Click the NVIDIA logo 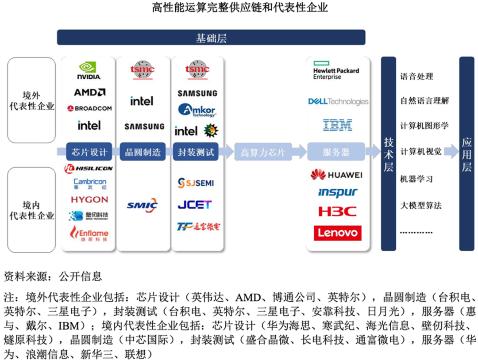click(89, 71)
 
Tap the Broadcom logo click(89, 108)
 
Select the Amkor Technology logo click(197, 110)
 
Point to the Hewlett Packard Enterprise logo click(336, 70)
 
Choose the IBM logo click(337, 125)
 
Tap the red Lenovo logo click(337, 233)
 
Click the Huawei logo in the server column click(336, 175)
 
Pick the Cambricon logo click(90, 184)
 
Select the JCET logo click(195, 205)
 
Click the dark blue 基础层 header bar click(211, 38)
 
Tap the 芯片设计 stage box click(89, 153)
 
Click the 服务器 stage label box click(336, 153)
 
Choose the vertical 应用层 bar click(466, 153)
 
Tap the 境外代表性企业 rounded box click(32, 100)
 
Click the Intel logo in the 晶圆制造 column click(142, 101)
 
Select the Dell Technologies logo click(338, 102)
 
